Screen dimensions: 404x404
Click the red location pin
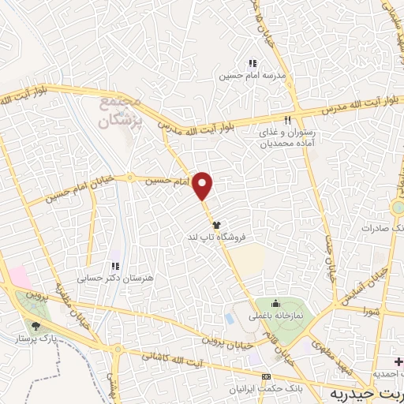(x=204, y=185)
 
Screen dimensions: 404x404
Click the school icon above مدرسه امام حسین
(x=252, y=64)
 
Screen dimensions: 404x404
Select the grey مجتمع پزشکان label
(x=120, y=112)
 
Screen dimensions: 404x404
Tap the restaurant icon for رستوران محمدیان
(x=288, y=120)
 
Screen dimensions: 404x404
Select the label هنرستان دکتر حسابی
(x=115, y=279)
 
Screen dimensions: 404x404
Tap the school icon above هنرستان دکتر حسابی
(x=115, y=267)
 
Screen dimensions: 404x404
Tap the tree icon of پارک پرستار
(x=35, y=325)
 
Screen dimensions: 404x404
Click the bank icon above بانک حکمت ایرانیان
(x=265, y=376)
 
